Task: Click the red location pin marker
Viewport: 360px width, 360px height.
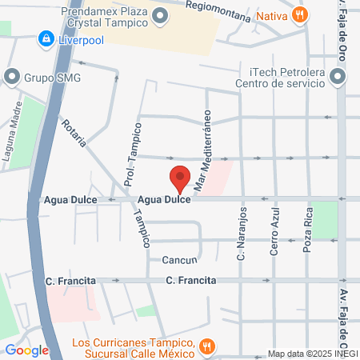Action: pyautogui.click(x=180, y=178)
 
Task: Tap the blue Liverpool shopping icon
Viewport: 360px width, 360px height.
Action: pyautogui.click(x=46, y=38)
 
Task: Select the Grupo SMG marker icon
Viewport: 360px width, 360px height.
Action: pyautogui.click(x=11, y=77)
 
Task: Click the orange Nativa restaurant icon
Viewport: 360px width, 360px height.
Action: pyautogui.click(x=300, y=14)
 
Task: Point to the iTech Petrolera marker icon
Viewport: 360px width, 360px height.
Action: pyautogui.click(x=338, y=78)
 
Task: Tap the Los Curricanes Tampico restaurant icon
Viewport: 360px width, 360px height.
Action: pyautogui.click(x=206, y=346)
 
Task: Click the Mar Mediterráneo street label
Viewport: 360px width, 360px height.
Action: pyautogui.click(x=202, y=150)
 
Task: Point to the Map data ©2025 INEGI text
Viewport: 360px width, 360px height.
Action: pyautogui.click(x=313, y=354)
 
